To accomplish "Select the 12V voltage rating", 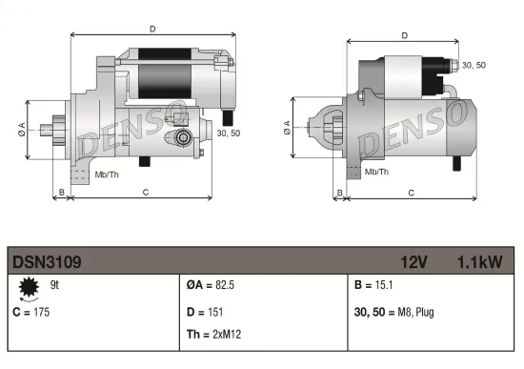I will (x=414, y=260).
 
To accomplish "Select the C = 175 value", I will (x=30, y=312).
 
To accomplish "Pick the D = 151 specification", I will (x=206, y=312).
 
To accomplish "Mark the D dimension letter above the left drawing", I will (x=152, y=30).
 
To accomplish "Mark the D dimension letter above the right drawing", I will (x=405, y=35).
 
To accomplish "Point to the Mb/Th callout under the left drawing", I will (x=107, y=175).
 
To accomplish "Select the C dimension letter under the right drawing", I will (x=411, y=194).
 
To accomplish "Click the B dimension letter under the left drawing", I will (x=62, y=194).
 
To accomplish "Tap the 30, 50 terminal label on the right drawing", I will (x=473, y=65).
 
